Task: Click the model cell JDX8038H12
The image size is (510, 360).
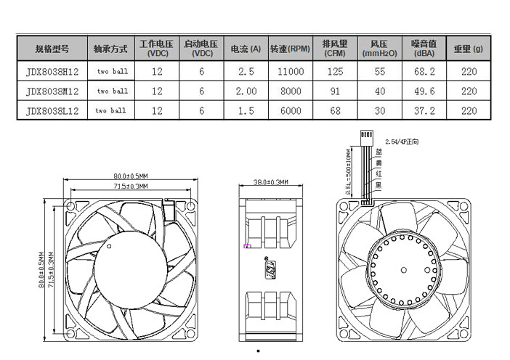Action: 52,72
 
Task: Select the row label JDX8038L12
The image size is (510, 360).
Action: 52,111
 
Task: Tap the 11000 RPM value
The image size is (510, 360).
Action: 290,72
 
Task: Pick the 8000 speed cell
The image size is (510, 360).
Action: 290,91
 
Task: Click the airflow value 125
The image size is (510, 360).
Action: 335,72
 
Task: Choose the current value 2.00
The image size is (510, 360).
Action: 246,91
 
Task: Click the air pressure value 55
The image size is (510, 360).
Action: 379,72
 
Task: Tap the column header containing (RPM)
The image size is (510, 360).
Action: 290,49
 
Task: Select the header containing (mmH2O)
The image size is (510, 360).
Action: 379,49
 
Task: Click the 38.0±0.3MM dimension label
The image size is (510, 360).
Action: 270,182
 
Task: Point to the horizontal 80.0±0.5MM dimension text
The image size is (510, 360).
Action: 130,176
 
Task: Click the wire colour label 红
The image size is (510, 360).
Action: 379,175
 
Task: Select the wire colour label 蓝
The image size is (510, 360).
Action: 379,153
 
